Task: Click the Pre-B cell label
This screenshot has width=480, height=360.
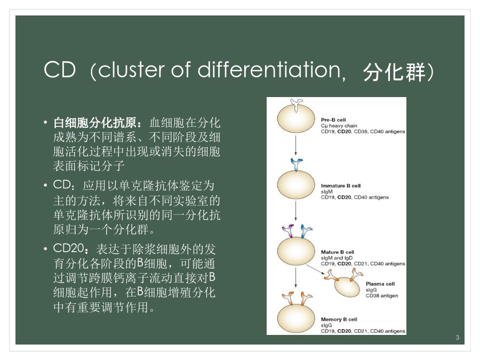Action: (x=333, y=119)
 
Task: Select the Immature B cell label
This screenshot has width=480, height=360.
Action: (x=341, y=186)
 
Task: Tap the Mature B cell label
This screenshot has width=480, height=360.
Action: (x=338, y=252)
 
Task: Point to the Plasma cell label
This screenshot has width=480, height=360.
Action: (x=380, y=284)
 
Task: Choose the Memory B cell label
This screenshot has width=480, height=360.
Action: (x=339, y=319)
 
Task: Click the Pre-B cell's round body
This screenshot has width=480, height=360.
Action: (x=295, y=119)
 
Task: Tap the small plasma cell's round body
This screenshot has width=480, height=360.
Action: (x=347, y=287)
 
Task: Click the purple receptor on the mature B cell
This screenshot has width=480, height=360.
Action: (x=289, y=231)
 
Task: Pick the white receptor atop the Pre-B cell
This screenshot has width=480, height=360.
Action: (x=297, y=105)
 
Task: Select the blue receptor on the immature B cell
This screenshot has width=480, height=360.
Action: (x=297, y=165)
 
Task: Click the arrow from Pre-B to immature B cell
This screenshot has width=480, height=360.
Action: (x=295, y=146)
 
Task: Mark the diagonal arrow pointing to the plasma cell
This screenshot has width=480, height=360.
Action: (x=315, y=270)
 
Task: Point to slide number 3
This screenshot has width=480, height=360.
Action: (x=458, y=338)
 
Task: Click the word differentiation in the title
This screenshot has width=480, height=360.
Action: (x=269, y=70)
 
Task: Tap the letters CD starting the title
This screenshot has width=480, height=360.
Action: (x=60, y=69)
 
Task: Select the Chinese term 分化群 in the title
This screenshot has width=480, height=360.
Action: (x=394, y=72)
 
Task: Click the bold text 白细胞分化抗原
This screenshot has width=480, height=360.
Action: (x=95, y=123)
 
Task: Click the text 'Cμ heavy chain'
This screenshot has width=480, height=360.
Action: (x=339, y=126)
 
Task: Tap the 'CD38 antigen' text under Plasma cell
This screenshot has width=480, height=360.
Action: (x=382, y=295)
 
